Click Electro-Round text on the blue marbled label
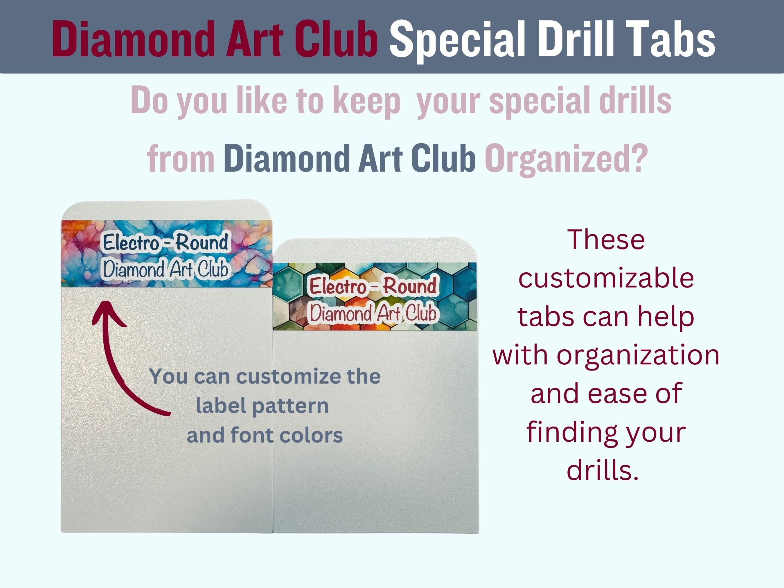pos(166,242)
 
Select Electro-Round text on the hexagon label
pos(373,286)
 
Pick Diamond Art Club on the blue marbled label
pos(166,269)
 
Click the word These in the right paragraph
pos(606,240)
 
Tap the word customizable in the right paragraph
pos(606,278)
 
